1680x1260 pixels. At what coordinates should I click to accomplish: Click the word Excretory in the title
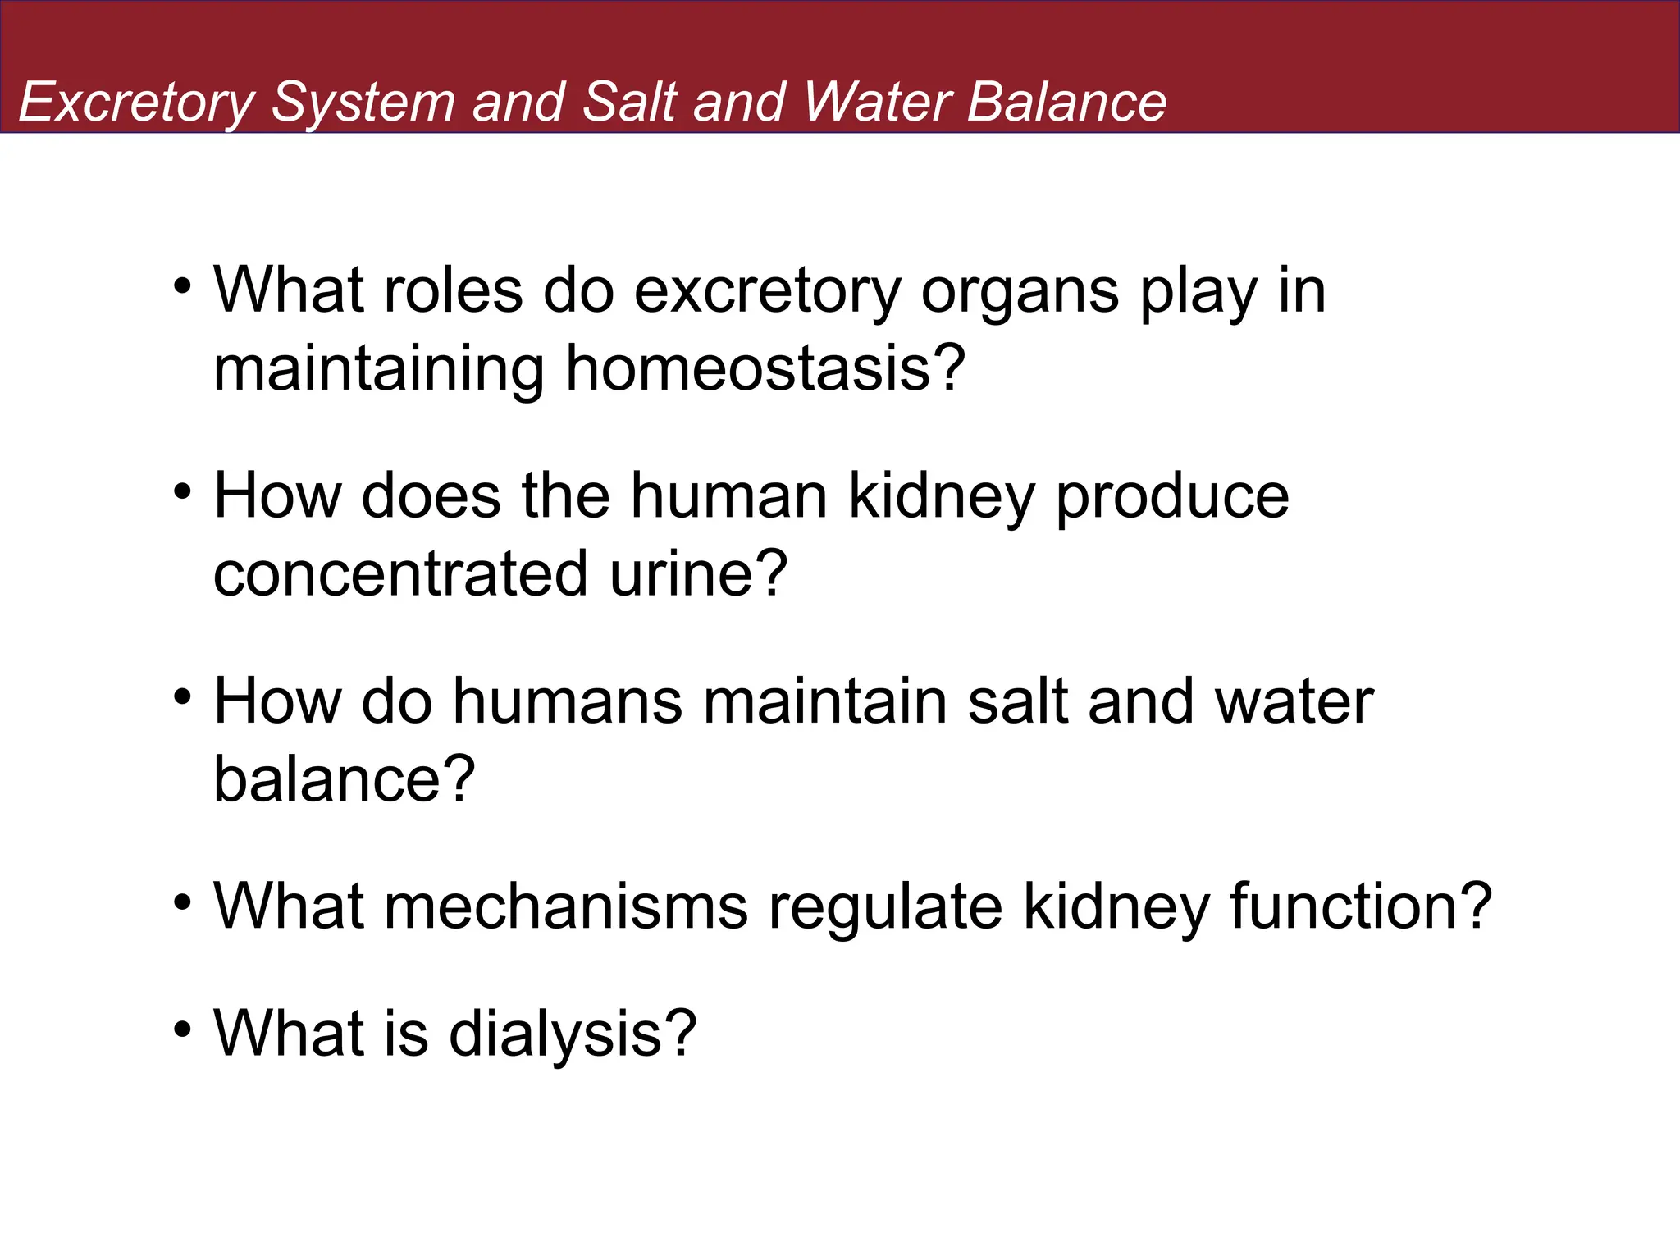136,103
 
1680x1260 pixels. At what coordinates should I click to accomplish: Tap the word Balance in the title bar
1066,103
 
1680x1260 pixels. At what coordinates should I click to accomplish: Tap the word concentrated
400,573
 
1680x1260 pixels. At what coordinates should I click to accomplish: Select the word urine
697,573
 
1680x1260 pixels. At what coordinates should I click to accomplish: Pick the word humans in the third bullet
567,702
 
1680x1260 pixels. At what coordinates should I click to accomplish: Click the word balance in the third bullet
343,778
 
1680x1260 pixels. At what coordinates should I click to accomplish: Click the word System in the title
363,103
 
